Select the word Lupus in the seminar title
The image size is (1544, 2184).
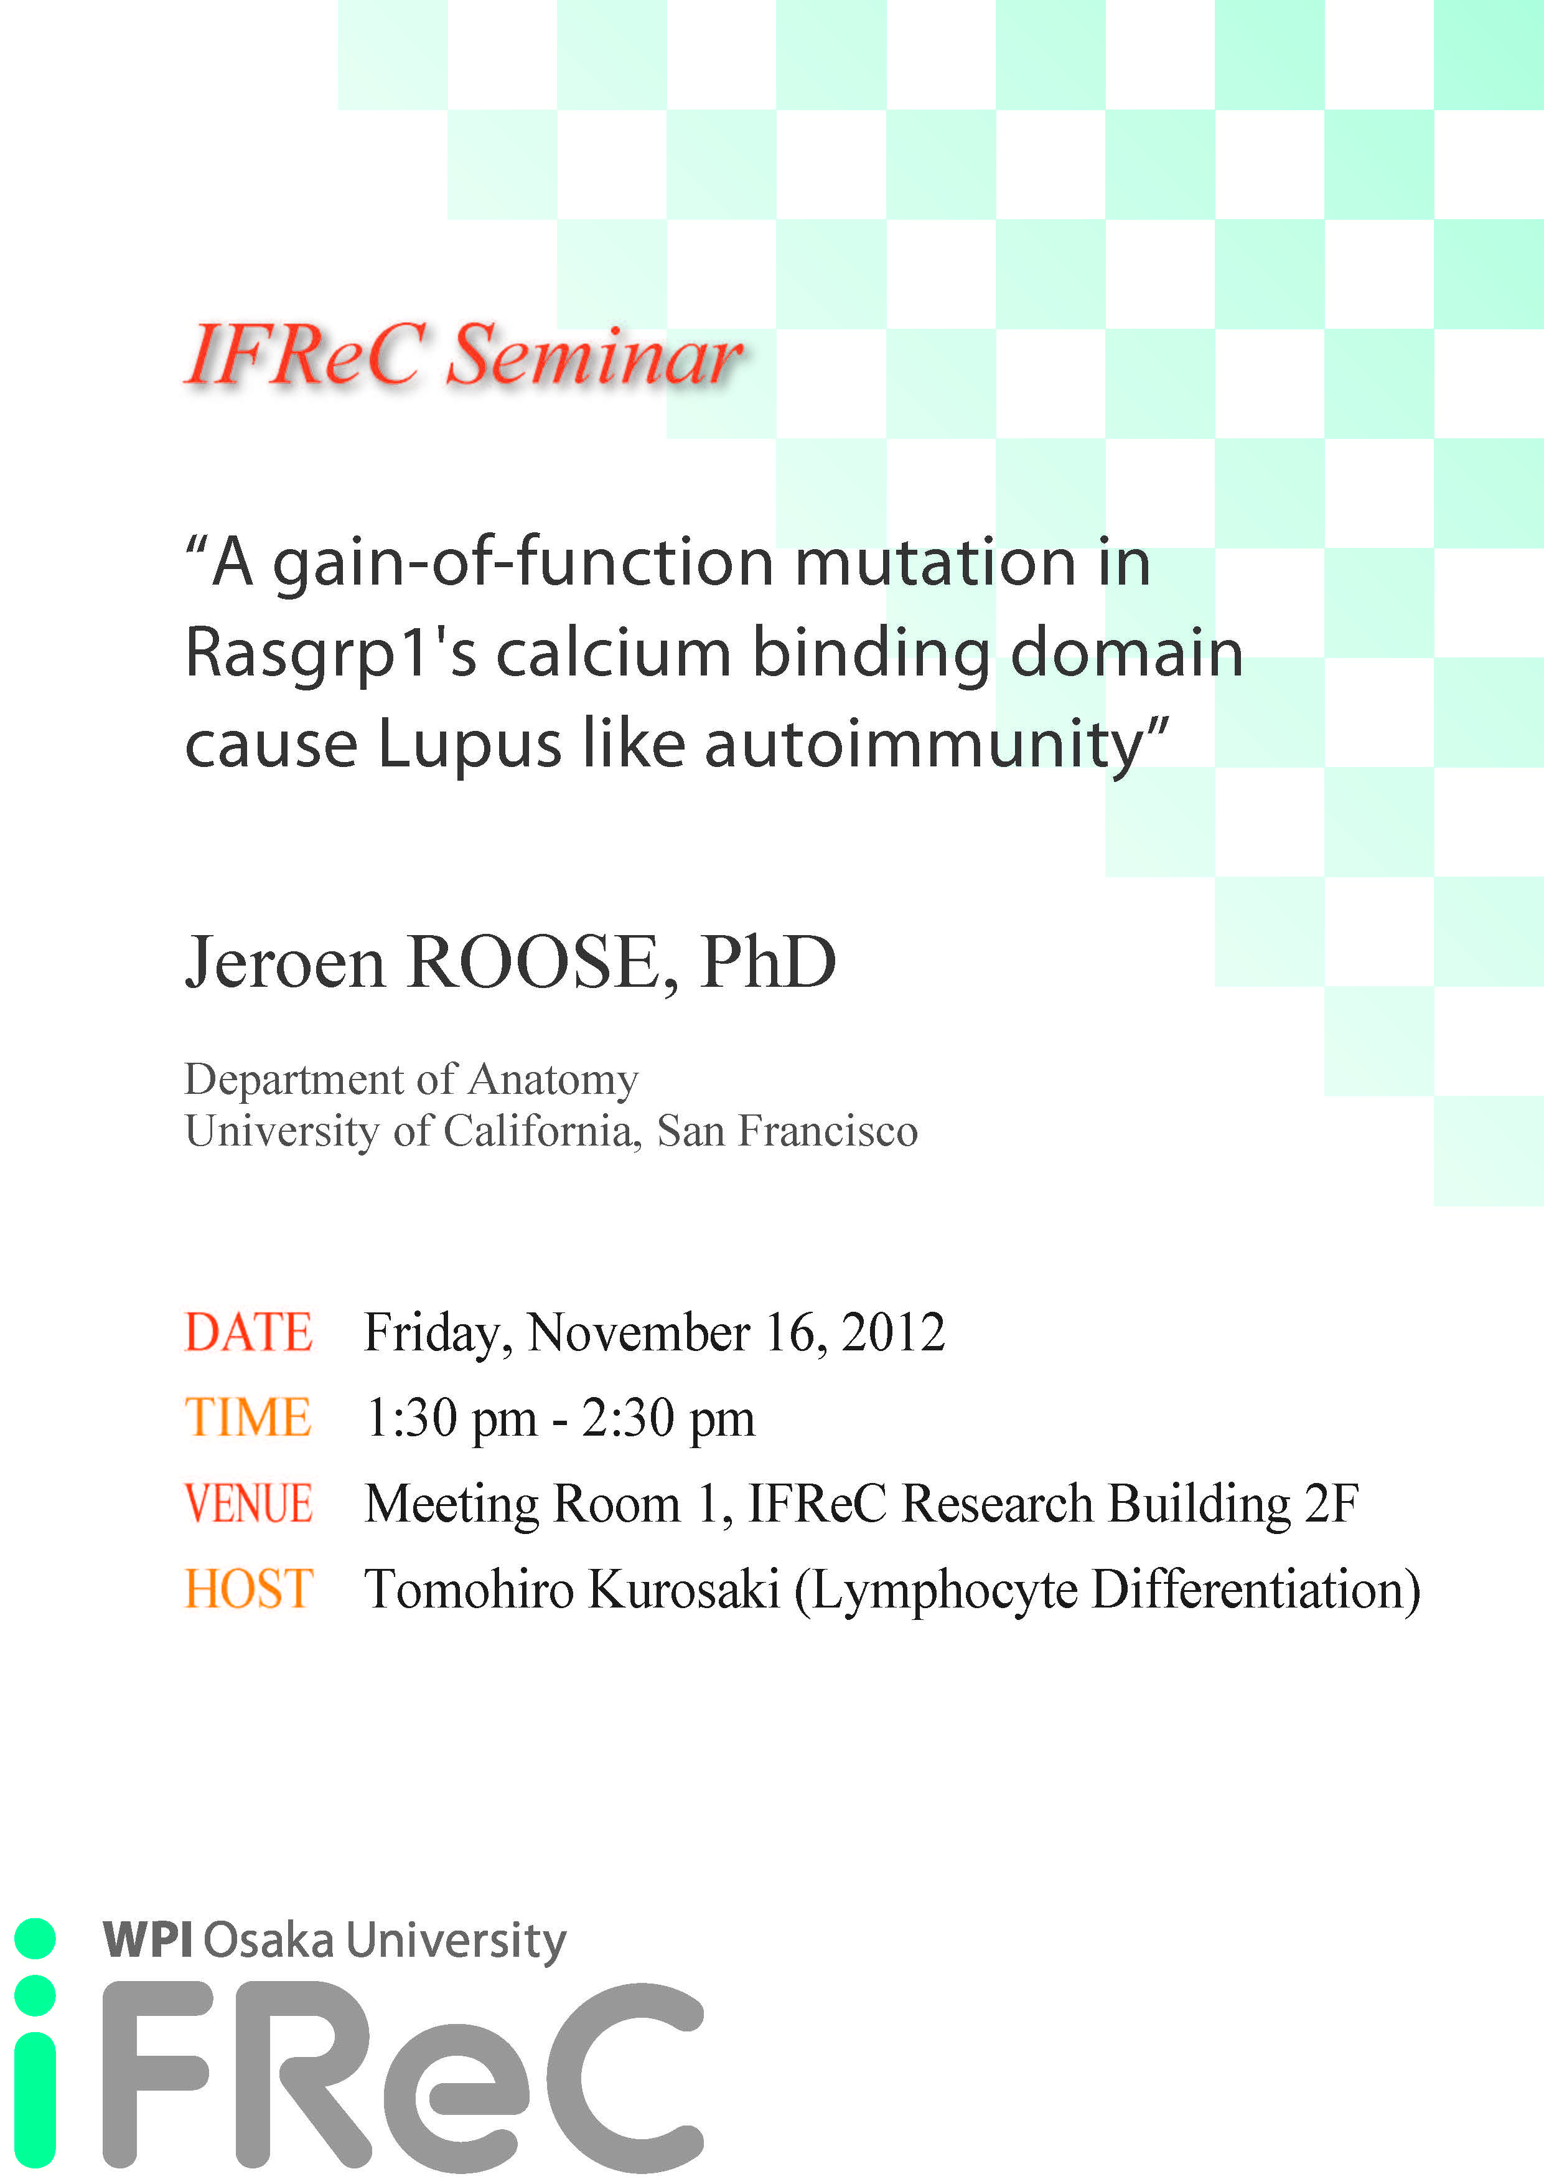point(470,745)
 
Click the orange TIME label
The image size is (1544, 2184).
point(248,1418)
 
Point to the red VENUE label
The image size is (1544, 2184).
point(248,1504)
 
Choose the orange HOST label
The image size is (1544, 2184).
point(248,1589)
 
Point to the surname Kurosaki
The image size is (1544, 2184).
point(685,1589)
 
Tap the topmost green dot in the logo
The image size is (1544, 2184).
point(35,1939)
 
